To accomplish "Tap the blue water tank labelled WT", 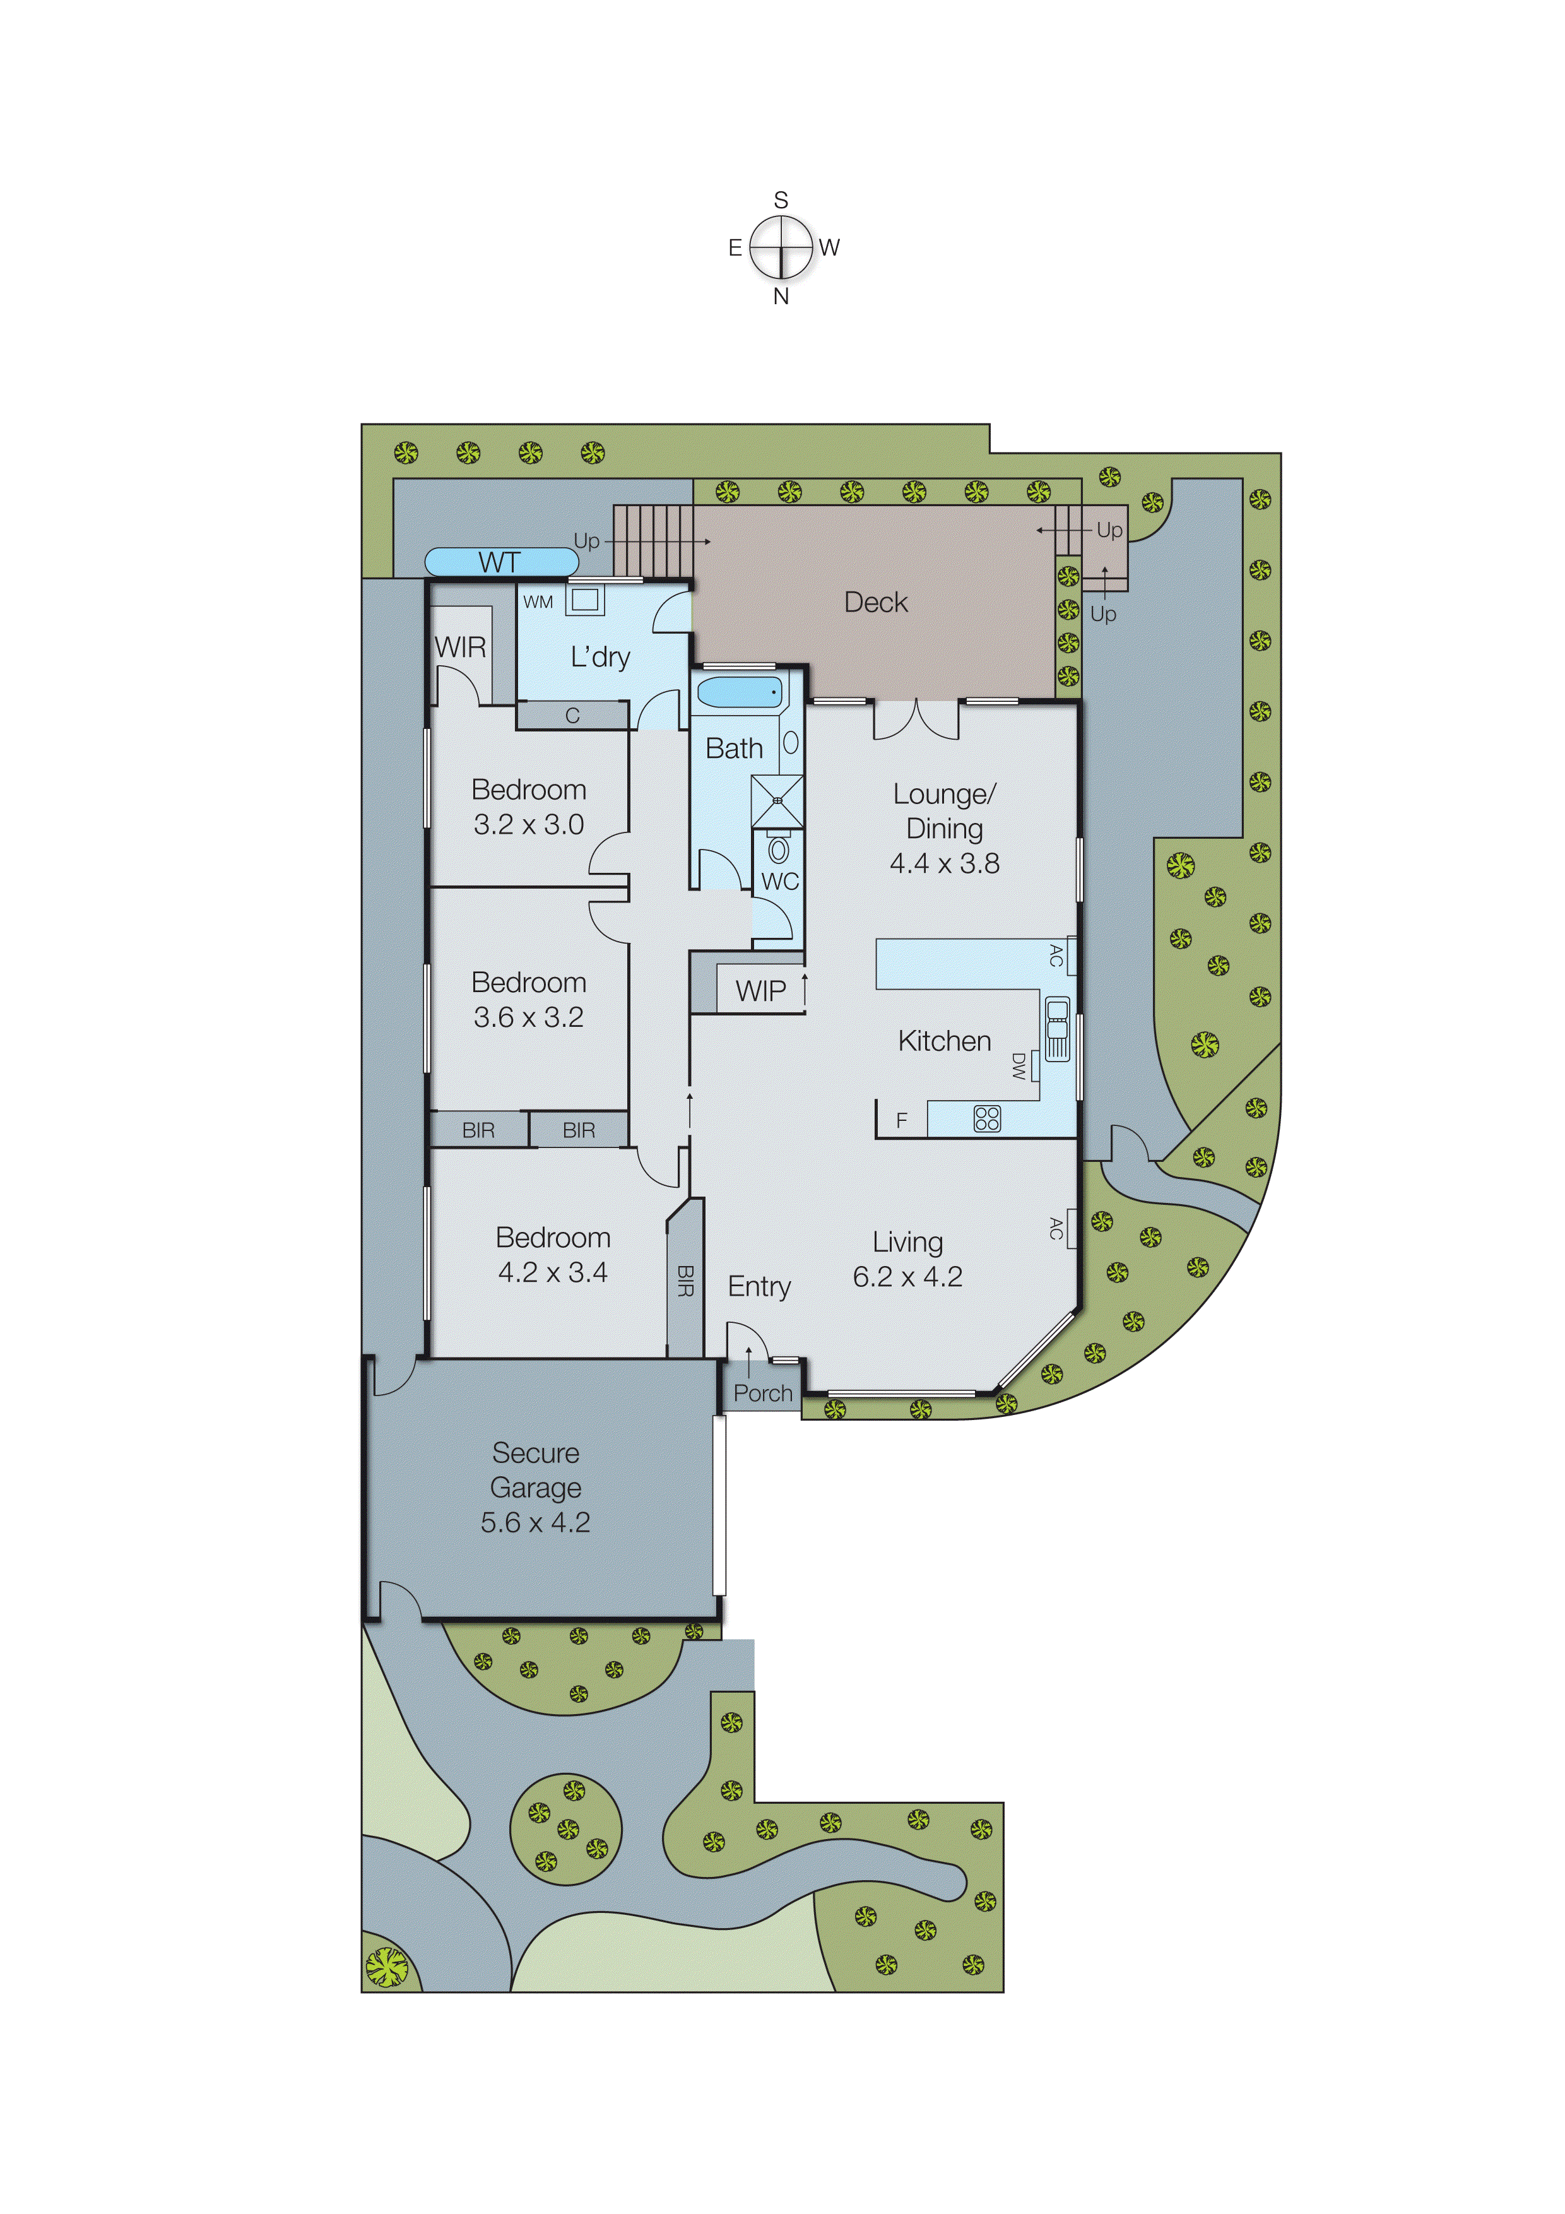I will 500,561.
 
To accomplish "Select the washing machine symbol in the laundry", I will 584,600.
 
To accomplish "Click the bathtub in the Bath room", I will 738,692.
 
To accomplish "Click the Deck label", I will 875,603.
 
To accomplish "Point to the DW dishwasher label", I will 1019,1065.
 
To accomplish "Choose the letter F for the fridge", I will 902,1120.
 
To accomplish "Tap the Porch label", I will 763,1394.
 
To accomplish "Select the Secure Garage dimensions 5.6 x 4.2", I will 535,1523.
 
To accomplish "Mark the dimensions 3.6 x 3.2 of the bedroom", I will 528,1017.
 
